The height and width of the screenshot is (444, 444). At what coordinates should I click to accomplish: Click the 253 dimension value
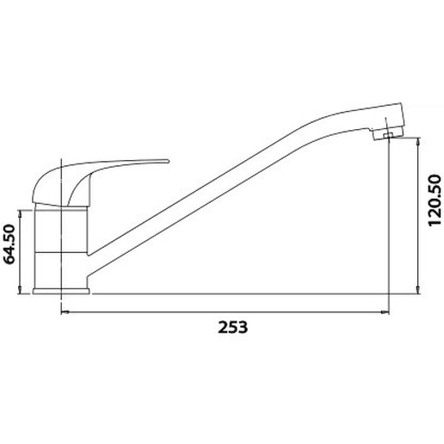point(232,327)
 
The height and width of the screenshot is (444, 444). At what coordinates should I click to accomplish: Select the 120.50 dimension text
point(435,200)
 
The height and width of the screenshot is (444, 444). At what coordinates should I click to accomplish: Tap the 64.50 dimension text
point(9,244)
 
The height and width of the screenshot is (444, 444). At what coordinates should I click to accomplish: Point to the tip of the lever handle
point(169,161)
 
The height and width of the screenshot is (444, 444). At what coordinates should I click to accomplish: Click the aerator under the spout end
point(387,135)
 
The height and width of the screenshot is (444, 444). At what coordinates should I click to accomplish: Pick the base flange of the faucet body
point(61,291)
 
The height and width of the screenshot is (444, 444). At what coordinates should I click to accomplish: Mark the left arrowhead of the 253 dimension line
point(65,311)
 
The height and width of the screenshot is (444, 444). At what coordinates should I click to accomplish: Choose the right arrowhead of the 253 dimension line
point(385,311)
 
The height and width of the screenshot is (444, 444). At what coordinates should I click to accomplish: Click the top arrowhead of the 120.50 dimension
point(418,142)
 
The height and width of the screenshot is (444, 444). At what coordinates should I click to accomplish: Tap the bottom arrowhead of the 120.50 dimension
point(418,289)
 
